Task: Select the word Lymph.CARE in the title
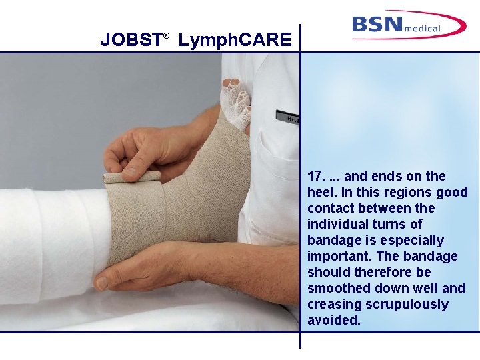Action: [235, 41]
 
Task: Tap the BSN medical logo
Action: [408, 25]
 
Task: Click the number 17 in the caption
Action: [315, 177]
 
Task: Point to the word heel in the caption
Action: [320, 193]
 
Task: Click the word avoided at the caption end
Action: [333, 321]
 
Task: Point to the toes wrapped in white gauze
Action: [235, 100]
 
